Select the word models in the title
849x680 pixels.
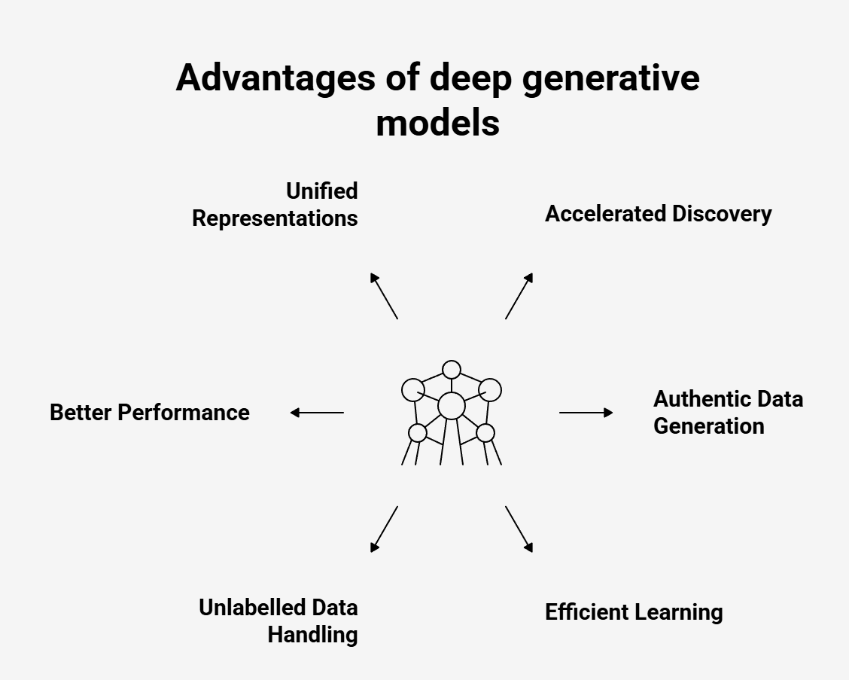click(x=437, y=121)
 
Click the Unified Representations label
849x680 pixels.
click(x=275, y=205)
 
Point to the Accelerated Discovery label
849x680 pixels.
click(x=658, y=214)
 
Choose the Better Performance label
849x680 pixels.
click(x=150, y=413)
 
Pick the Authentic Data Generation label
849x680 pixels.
click(x=728, y=412)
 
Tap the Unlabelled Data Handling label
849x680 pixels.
click(x=278, y=621)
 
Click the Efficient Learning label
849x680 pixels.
click(x=634, y=612)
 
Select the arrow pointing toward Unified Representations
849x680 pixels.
click(x=384, y=296)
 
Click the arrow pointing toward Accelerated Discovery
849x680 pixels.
click(x=519, y=296)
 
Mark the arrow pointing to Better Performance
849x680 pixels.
click(x=317, y=413)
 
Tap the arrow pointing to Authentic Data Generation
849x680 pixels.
click(x=586, y=413)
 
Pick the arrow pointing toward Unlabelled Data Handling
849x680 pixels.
click(x=384, y=529)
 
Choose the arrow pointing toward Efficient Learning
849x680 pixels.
click(x=519, y=529)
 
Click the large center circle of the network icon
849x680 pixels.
click(x=452, y=406)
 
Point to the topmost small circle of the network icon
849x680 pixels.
click(x=452, y=370)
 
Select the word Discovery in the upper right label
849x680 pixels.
click(x=722, y=214)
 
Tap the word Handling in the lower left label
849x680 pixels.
click(x=312, y=635)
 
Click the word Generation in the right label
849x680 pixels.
click(x=708, y=426)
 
